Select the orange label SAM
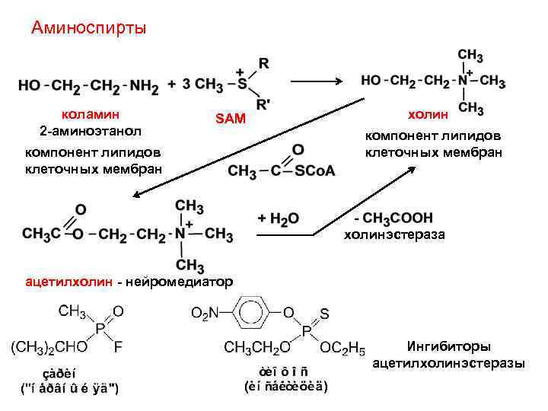[230, 119]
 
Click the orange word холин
[430, 114]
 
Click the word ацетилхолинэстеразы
[449, 363]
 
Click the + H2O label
[279, 218]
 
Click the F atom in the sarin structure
[118, 349]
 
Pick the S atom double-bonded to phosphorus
[324, 312]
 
